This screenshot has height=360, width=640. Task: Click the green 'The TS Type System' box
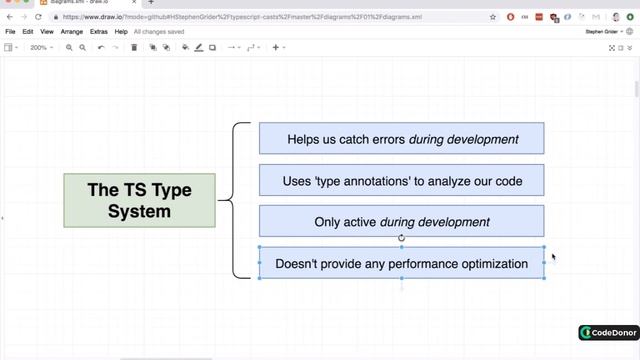point(139,199)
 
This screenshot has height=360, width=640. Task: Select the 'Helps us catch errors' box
point(401,139)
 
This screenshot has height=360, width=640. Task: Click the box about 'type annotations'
point(401,181)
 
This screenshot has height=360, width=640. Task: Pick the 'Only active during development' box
point(401,222)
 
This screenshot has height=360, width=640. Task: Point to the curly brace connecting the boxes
point(236,200)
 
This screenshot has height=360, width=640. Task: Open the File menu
point(10,32)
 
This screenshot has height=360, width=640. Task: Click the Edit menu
point(28,32)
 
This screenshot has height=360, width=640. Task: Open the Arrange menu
point(72,32)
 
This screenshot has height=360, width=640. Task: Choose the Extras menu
point(99,32)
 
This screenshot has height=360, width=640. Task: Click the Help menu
point(121,32)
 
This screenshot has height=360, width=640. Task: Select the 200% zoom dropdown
point(42,47)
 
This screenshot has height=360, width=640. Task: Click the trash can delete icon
point(134,47)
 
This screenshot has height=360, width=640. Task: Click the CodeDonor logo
point(606,333)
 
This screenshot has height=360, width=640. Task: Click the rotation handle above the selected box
point(401,238)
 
